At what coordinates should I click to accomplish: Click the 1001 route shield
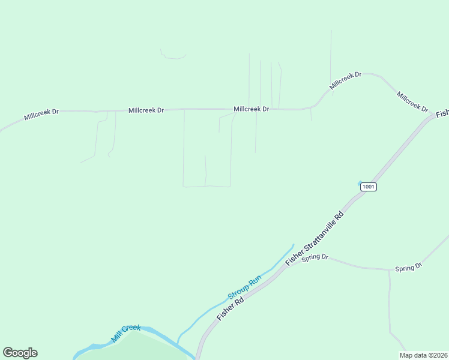369,187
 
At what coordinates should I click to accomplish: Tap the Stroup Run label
244,287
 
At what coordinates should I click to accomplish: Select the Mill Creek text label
125,334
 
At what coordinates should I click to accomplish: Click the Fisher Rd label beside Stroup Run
230,305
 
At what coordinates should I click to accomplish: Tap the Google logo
20,353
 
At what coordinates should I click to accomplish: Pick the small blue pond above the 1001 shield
360,182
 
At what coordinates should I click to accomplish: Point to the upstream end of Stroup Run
293,245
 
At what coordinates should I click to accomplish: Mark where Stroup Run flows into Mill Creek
177,346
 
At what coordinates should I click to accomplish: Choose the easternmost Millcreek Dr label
412,101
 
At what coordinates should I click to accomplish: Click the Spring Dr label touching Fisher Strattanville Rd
315,257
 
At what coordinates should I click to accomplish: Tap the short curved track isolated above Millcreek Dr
173,57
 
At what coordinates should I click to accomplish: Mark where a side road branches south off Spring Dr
389,271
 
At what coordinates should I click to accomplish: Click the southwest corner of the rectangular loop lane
184,186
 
